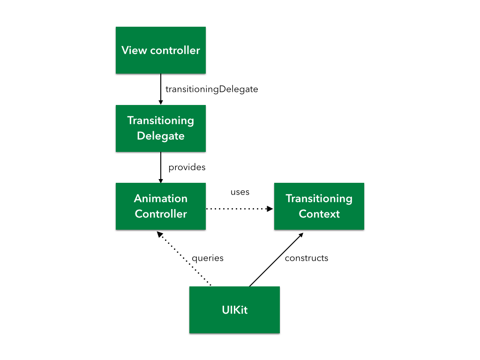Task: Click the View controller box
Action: (x=160, y=50)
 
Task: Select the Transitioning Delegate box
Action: (x=160, y=128)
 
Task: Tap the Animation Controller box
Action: (x=160, y=206)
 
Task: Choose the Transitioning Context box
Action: (x=319, y=206)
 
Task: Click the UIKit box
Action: (x=234, y=310)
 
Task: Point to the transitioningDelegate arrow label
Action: (x=212, y=89)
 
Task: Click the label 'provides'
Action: (x=187, y=167)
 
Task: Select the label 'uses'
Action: (x=240, y=192)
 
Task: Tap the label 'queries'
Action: (x=208, y=258)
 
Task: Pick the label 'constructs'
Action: (x=307, y=258)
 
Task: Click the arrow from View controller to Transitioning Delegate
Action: (x=161, y=89)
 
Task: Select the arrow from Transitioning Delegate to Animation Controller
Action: (x=161, y=167)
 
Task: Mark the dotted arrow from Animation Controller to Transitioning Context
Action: (x=239, y=209)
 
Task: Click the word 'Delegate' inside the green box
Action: (x=160, y=136)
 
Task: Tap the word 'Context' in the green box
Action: (x=319, y=214)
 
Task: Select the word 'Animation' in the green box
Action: (x=161, y=198)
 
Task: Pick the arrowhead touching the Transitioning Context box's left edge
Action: (x=270, y=209)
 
